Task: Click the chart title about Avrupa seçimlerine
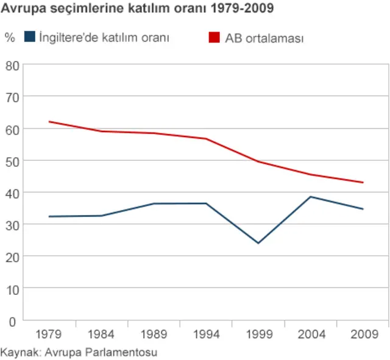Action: [137, 9]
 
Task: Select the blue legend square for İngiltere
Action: [29, 37]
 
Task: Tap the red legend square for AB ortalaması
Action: [214, 37]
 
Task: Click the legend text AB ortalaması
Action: [264, 38]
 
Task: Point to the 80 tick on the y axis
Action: [12, 65]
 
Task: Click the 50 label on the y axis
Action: [12, 161]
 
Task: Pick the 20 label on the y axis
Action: [12, 256]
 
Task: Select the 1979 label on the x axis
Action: [49, 334]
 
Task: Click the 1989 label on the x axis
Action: [154, 334]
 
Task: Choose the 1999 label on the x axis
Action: [258, 334]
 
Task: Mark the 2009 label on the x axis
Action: [363, 334]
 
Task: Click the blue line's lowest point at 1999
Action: [258, 243]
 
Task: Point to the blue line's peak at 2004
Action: [311, 197]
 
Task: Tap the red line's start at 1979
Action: [49, 122]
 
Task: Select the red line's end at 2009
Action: [363, 182]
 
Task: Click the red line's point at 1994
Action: [206, 139]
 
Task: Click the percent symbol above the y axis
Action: [9, 37]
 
